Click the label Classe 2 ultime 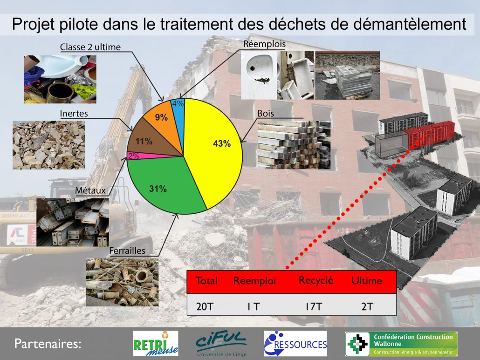90,47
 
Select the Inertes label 74,114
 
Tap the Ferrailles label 127,251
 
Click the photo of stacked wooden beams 294,145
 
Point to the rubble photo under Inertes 48,145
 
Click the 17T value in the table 314,306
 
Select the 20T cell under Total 204,306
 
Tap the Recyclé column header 315,280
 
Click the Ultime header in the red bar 366,280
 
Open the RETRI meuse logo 156,343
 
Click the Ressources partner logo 295,343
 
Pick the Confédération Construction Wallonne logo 401,344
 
